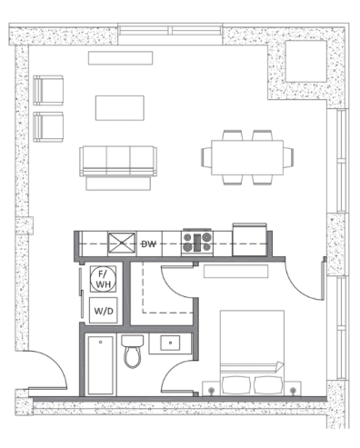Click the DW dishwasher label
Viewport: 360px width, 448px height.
(x=148, y=244)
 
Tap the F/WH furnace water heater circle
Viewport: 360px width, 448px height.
(x=103, y=279)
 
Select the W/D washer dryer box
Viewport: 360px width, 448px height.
(x=104, y=311)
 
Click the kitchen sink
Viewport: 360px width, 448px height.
(x=122, y=243)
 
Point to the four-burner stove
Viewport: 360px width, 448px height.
(x=197, y=243)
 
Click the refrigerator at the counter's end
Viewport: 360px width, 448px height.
(x=250, y=240)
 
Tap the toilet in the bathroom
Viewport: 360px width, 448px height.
(x=133, y=352)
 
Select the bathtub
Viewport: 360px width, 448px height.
(x=101, y=365)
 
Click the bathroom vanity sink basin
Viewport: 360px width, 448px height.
(x=170, y=343)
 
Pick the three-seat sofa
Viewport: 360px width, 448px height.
(x=118, y=161)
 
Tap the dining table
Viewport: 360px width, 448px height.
(x=247, y=157)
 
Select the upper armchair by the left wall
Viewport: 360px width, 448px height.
(x=48, y=91)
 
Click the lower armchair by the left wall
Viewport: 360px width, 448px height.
(x=48, y=127)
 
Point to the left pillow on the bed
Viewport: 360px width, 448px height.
(x=236, y=385)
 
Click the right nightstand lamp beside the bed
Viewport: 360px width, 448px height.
(x=293, y=390)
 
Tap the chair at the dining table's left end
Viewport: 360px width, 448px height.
(x=206, y=157)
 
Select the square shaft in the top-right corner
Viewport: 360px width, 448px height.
(x=306, y=61)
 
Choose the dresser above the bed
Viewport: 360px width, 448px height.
(x=235, y=272)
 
